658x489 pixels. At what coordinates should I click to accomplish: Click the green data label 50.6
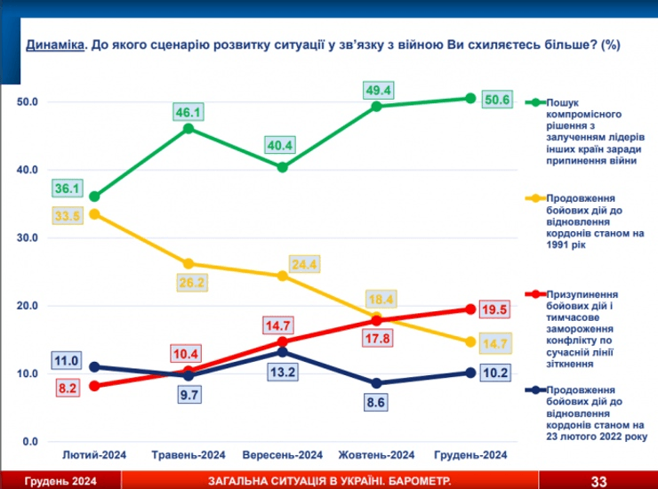coord(496,100)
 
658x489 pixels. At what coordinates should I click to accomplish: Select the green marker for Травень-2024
coord(189,129)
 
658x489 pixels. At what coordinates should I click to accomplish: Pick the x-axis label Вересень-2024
coord(282,454)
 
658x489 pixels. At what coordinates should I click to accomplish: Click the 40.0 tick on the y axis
coord(28,170)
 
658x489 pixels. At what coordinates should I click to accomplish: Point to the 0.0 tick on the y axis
coord(31,442)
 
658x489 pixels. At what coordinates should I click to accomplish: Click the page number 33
coord(598,481)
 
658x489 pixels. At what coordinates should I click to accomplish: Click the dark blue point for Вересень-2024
coord(282,352)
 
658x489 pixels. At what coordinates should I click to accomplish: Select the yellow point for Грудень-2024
coord(470,342)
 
